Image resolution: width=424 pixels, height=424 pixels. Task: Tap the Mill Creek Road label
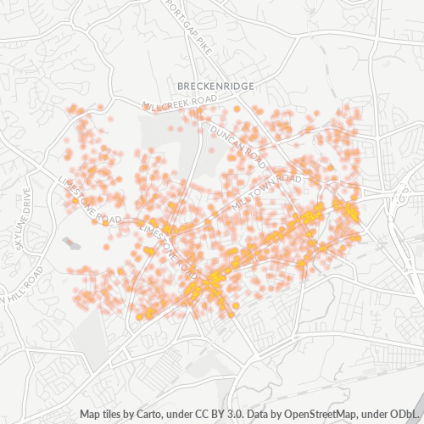click(x=175, y=103)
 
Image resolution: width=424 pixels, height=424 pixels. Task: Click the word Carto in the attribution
click(x=151, y=415)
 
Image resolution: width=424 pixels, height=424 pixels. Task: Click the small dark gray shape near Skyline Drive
click(x=71, y=244)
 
